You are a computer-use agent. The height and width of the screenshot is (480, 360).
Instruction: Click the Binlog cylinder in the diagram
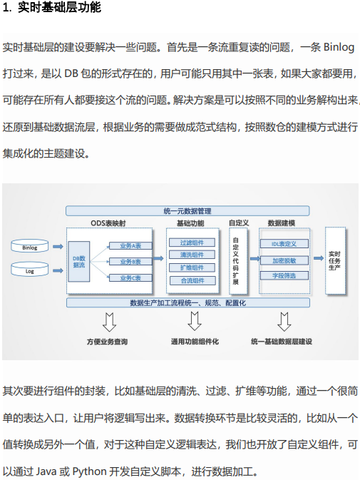(30, 246)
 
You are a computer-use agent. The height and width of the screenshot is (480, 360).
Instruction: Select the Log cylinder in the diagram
(30, 269)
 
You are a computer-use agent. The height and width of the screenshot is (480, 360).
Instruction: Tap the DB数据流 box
(79, 262)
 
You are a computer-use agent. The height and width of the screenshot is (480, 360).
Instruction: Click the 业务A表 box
(130, 246)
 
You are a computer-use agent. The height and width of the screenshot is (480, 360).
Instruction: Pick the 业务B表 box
(130, 262)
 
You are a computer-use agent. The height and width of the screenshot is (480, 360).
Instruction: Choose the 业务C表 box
(130, 278)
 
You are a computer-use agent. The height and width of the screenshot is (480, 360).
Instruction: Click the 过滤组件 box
(192, 242)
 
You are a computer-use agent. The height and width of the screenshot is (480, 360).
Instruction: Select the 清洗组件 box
(192, 255)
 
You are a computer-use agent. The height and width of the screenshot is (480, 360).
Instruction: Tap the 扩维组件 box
(192, 267)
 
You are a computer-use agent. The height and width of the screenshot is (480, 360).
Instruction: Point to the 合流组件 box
(192, 280)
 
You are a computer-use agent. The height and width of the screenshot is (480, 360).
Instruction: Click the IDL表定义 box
(284, 244)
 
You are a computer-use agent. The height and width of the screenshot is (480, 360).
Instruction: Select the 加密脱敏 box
(284, 260)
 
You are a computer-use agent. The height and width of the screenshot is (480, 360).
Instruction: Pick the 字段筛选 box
(284, 275)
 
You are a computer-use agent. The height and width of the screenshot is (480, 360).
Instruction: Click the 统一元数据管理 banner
(187, 211)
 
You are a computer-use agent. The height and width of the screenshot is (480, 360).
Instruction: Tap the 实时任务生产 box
(335, 261)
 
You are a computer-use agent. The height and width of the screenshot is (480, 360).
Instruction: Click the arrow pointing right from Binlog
(58, 247)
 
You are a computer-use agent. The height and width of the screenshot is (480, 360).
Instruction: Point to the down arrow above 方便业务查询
(109, 322)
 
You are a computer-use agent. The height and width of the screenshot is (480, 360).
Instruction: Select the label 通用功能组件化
(195, 342)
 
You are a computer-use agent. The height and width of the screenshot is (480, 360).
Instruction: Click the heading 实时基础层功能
(59, 7)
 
